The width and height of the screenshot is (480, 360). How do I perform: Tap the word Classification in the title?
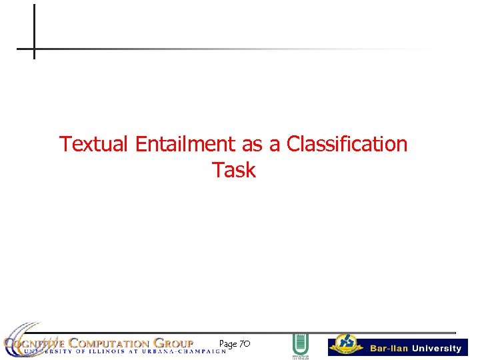[x=347, y=144]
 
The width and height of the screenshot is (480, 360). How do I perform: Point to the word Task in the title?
[x=234, y=170]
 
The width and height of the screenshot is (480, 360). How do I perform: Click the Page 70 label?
[x=234, y=344]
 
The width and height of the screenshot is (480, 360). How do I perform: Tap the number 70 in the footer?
[x=244, y=344]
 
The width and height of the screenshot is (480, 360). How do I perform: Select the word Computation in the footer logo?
[x=107, y=343]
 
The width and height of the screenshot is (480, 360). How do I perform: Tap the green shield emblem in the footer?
[x=300, y=346]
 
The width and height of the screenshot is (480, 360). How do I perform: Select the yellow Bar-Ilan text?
[x=389, y=349]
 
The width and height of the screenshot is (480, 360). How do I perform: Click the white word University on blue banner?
[x=436, y=349]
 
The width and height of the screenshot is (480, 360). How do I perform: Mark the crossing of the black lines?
[x=34, y=49]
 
